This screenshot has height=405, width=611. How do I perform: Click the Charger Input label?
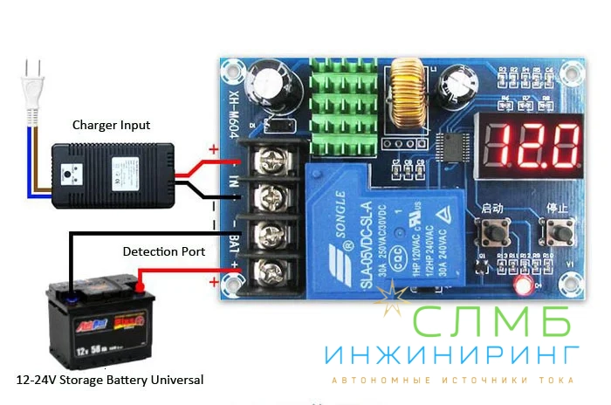point(111,126)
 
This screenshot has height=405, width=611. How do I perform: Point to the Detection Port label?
point(164,251)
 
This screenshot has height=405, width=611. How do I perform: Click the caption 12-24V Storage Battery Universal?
point(110,381)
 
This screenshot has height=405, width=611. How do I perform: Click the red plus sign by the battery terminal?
point(214,282)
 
